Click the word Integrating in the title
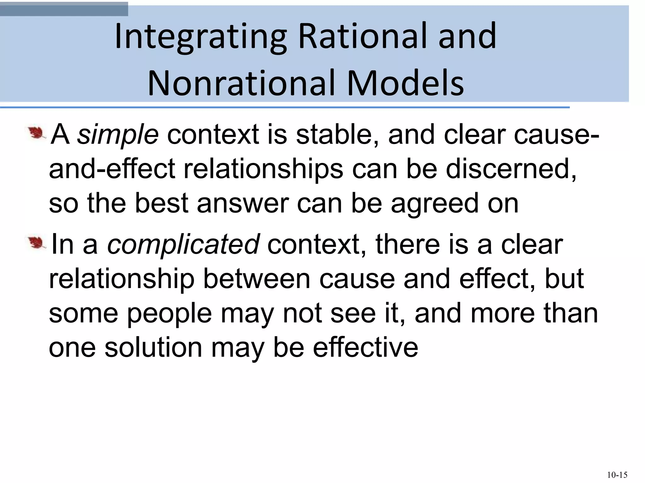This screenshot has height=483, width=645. (201, 37)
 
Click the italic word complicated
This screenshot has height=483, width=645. (183, 244)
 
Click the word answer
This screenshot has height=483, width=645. (243, 203)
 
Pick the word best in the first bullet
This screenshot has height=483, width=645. (162, 203)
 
